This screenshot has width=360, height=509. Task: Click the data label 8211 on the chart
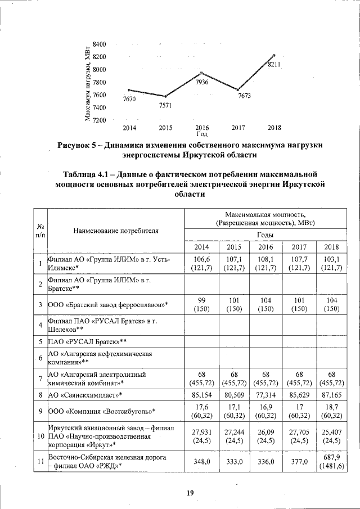(274, 65)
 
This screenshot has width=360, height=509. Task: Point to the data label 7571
(165, 105)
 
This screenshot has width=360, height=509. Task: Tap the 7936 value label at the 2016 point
(202, 83)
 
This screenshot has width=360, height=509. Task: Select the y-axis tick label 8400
(100, 44)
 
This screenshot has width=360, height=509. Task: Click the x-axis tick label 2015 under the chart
(166, 128)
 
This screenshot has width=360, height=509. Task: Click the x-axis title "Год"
(202, 134)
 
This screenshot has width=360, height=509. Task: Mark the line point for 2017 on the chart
(238, 90)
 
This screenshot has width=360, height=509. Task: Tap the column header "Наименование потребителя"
(115, 230)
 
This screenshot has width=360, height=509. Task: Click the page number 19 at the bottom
(190, 493)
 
